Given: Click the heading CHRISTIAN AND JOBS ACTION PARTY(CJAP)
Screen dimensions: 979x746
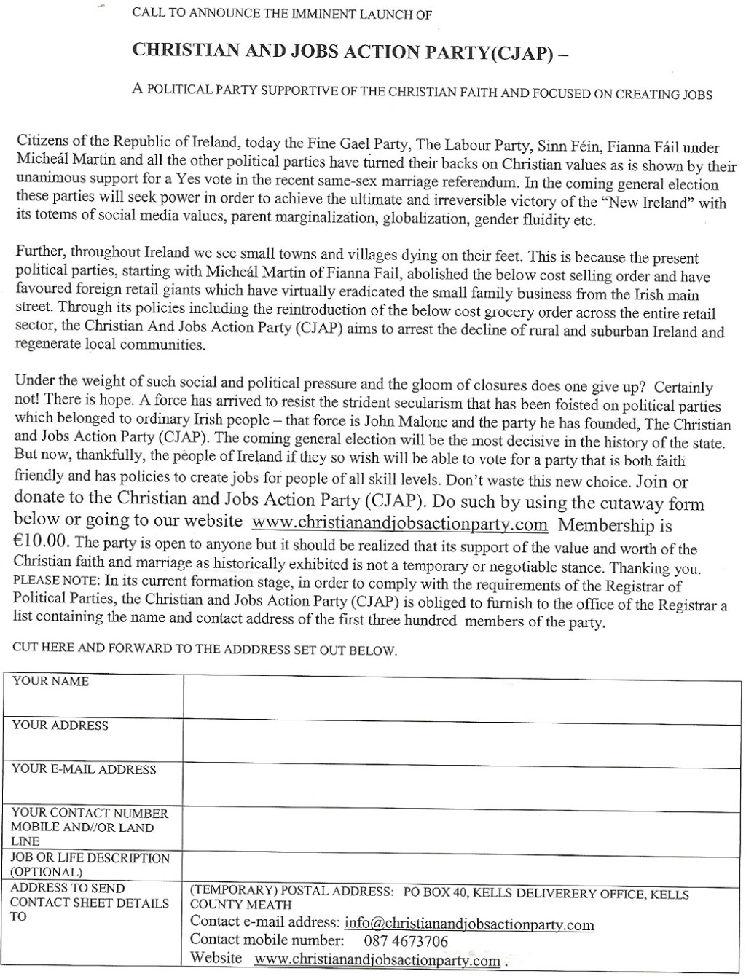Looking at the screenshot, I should (342, 52).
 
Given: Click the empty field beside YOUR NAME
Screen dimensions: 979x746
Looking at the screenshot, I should (462, 696).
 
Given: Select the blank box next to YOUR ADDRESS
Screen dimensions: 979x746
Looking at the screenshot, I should (462, 740).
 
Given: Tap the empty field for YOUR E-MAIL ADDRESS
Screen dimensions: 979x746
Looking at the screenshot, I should (462, 784).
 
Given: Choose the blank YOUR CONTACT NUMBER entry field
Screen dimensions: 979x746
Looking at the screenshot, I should (462, 827).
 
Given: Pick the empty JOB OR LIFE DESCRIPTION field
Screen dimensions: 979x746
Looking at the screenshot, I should (462, 865).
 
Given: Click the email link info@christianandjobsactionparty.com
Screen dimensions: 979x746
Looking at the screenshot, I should (469, 924).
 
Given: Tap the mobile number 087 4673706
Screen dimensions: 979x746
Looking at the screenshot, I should (411, 942).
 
